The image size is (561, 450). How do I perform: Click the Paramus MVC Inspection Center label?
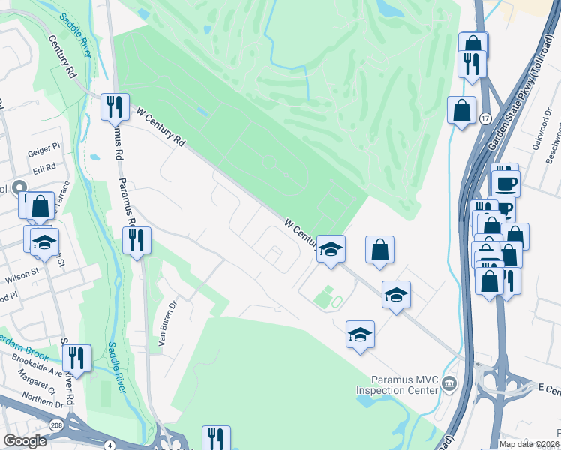point(396,385)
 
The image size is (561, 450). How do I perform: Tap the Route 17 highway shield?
point(486,118)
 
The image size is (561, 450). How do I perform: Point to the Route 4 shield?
point(111,445)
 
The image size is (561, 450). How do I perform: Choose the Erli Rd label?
point(45,167)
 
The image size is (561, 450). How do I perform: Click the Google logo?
point(25,441)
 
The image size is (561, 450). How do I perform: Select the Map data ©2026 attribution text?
point(528,444)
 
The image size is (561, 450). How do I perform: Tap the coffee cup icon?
point(505,183)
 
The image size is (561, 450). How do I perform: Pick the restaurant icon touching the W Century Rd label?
point(115,106)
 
